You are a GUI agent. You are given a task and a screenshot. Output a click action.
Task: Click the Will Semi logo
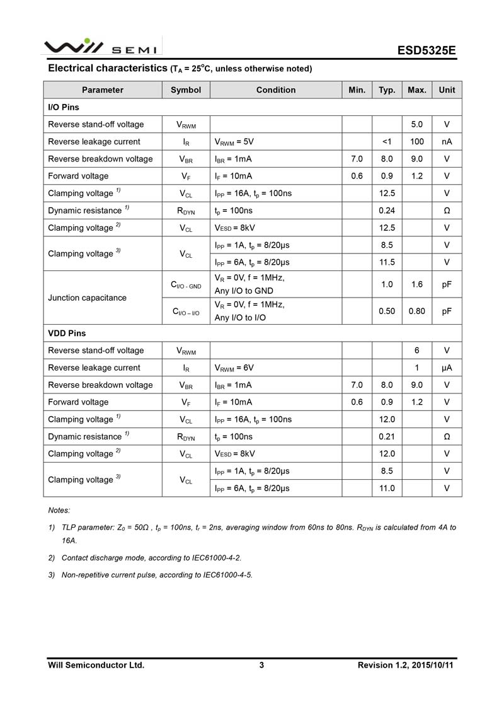[101, 47]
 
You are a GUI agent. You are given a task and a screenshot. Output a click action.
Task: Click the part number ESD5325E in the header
[426, 50]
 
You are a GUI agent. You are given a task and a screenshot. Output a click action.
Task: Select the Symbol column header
[186, 90]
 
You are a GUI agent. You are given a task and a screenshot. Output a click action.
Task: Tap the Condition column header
[276, 90]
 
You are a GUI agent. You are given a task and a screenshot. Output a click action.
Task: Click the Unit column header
[447, 90]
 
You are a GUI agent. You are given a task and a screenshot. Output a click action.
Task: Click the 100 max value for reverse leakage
[417, 142]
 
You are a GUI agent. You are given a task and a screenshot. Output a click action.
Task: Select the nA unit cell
[447, 142]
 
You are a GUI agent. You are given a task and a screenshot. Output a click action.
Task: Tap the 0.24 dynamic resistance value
[387, 211]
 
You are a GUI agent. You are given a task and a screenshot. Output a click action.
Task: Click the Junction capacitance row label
[87, 298]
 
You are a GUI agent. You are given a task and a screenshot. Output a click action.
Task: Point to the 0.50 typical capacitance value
[387, 311]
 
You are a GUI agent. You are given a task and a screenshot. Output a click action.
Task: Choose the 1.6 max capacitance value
[417, 284]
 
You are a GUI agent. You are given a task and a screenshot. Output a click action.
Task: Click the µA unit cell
[447, 368]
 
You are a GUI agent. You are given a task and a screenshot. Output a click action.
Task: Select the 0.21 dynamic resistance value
[387, 436]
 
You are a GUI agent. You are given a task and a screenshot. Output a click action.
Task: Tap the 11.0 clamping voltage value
[387, 488]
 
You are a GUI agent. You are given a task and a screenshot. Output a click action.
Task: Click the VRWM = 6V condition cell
[234, 368]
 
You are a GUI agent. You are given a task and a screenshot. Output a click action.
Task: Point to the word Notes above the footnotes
[59, 510]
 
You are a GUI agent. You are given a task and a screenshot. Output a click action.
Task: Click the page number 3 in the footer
[261, 664]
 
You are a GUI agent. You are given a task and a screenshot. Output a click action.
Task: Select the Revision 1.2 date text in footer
[405, 664]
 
